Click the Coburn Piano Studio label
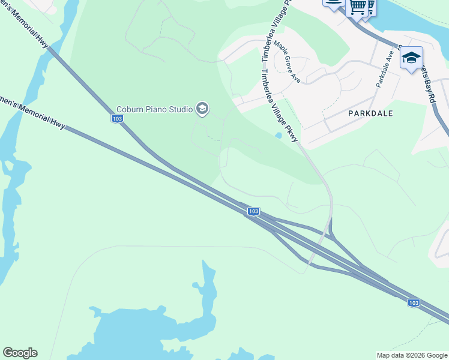tap(154, 109)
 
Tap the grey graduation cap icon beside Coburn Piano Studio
tap(202, 109)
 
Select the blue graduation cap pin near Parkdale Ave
tap(411, 58)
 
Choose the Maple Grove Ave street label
tap(287, 62)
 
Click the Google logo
tap(20, 353)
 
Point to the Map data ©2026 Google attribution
tap(412, 355)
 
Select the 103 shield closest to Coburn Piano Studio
tap(118, 119)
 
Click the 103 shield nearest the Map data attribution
tap(414, 303)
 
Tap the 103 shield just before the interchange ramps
tap(253, 211)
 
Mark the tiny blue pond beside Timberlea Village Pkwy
tap(277, 136)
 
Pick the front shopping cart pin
tap(358, 6)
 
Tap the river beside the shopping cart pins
tap(414, 18)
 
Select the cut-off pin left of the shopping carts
tap(334, 4)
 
